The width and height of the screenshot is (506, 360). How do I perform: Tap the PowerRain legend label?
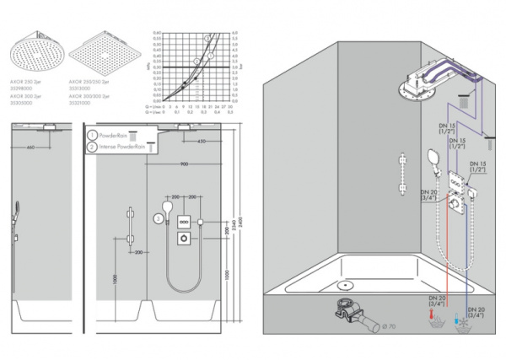coord(118,135)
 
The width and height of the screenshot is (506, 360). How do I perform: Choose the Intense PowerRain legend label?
coord(124,147)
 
